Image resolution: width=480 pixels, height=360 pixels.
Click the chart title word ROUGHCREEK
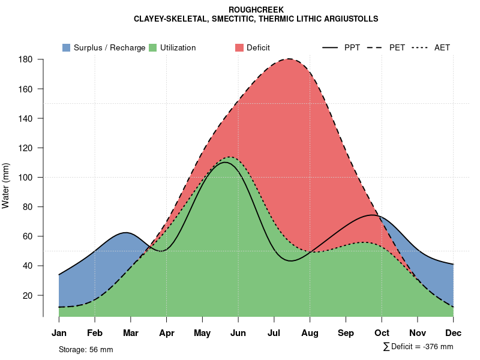click(x=256, y=10)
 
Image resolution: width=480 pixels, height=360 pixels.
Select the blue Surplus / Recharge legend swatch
click(x=67, y=47)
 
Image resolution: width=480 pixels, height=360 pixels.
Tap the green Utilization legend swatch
click(x=153, y=47)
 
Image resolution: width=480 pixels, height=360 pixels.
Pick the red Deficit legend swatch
click(x=239, y=47)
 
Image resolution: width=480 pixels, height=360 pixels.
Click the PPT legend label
click(x=352, y=47)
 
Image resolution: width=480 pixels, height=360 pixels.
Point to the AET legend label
click(x=442, y=47)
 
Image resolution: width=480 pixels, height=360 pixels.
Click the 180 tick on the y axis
click(x=25, y=59)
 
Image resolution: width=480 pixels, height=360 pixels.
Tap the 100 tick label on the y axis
click(x=25, y=178)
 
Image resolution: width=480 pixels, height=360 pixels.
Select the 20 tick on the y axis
click(x=28, y=295)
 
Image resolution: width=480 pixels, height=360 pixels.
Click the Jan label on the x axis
click(x=59, y=333)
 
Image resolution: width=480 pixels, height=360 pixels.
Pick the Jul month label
click(x=274, y=333)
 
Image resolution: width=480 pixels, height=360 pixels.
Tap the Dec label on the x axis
click(x=454, y=333)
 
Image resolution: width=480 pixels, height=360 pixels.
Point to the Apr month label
click(x=166, y=333)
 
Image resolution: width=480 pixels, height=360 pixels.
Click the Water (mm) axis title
click(x=6, y=185)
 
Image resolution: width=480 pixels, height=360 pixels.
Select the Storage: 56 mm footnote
click(x=86, y=349)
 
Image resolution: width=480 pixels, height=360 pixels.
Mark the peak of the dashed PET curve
click(x=289, y=59)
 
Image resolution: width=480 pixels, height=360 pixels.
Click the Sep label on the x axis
click(x=346, y=333)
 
